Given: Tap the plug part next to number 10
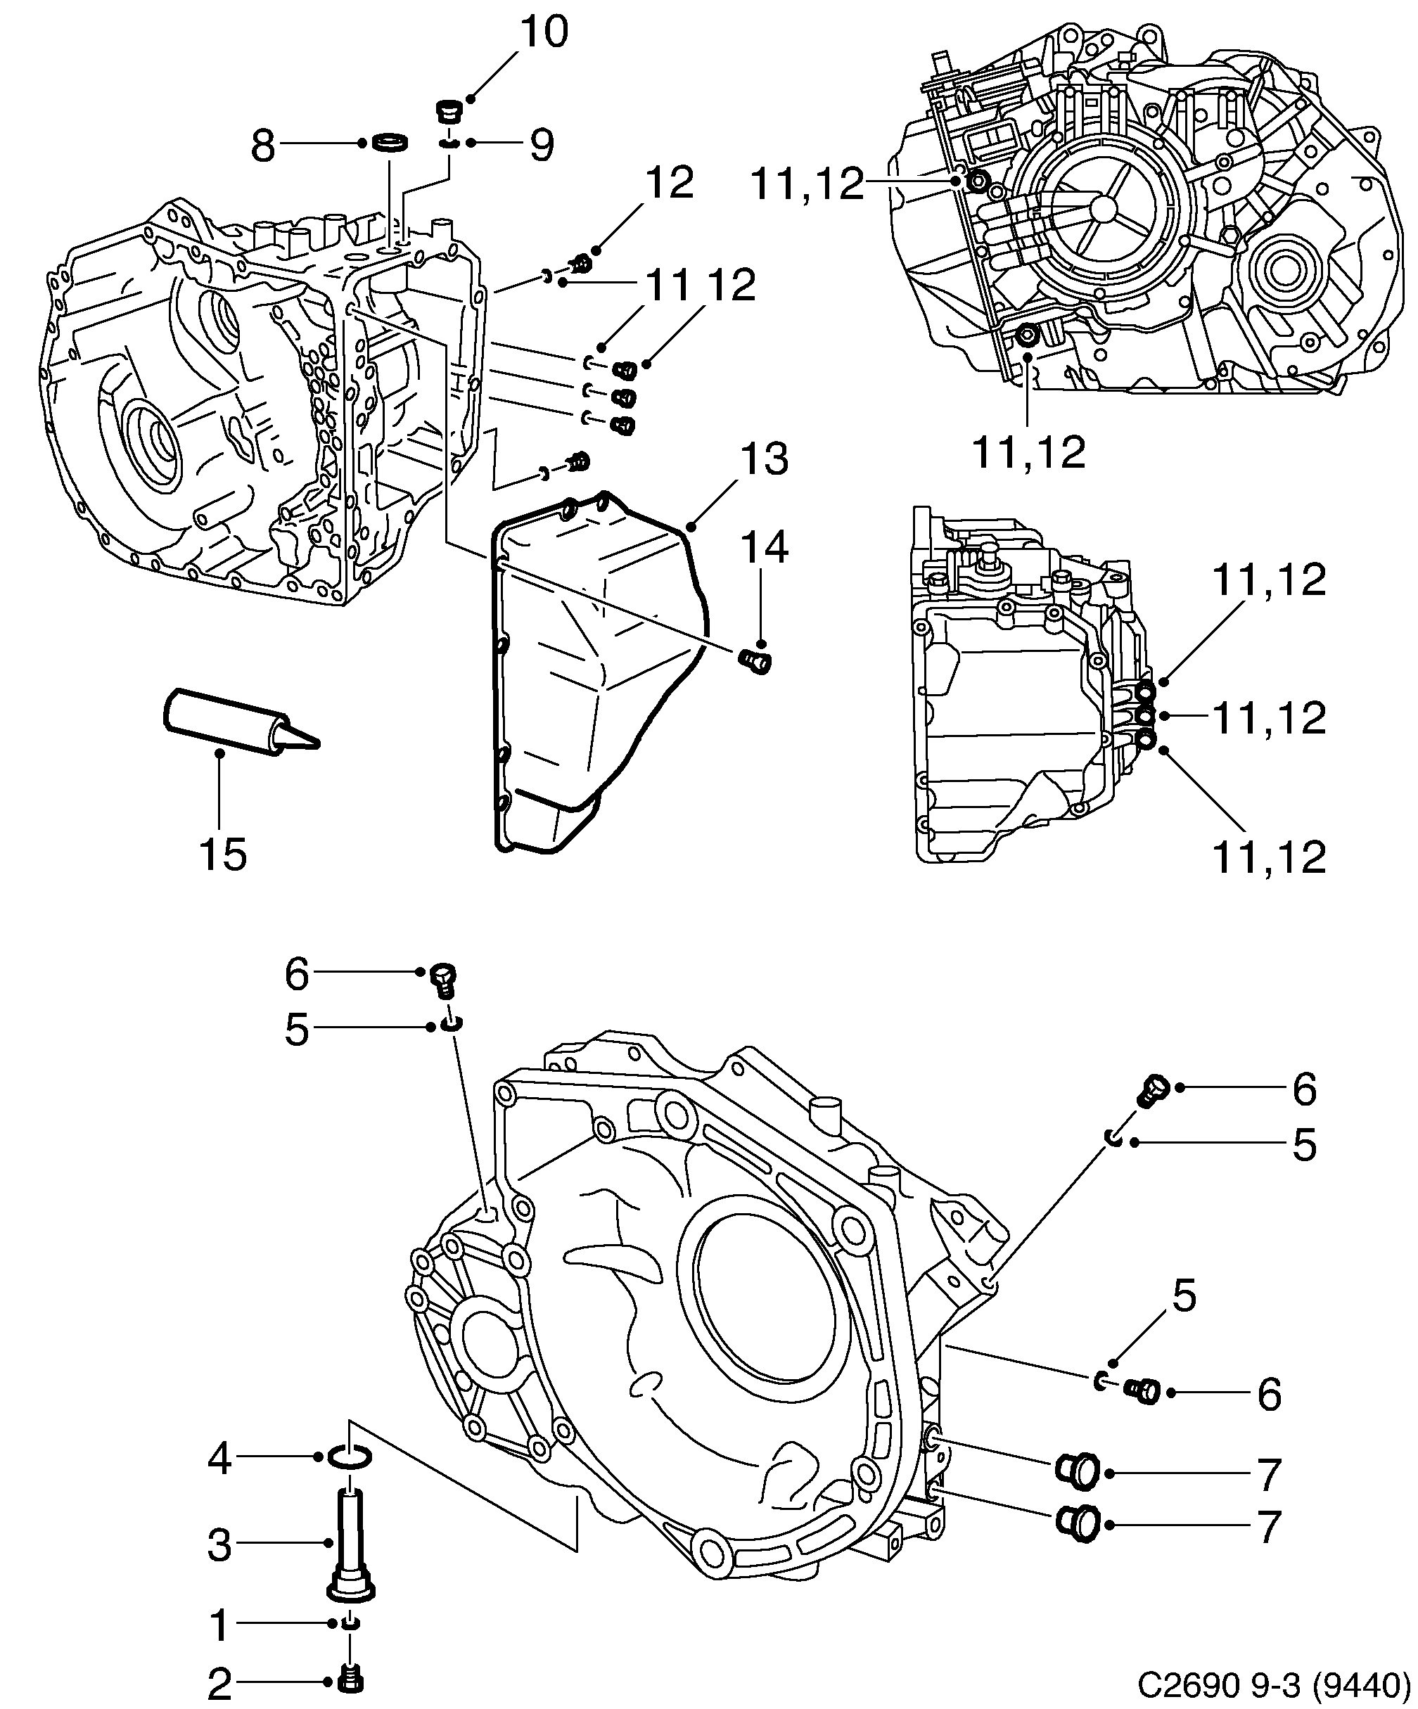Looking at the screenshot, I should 449,110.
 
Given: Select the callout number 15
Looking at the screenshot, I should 222,854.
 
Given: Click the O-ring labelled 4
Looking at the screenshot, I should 350,1456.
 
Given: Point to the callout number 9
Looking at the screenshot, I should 542,145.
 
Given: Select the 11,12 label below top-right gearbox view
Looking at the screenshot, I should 1029,452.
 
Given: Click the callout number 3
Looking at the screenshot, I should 219,1544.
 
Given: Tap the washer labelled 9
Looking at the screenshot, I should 449,144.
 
